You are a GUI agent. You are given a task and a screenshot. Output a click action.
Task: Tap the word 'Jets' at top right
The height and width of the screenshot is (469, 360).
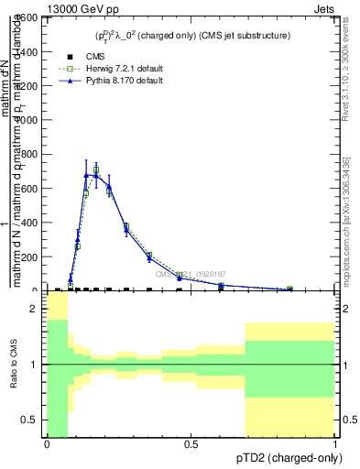point(325,7)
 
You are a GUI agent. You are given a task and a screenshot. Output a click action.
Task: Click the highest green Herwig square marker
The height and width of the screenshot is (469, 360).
point(96,169)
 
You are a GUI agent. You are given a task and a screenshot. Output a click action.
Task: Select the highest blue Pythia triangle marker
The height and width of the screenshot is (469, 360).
point(87,170)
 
